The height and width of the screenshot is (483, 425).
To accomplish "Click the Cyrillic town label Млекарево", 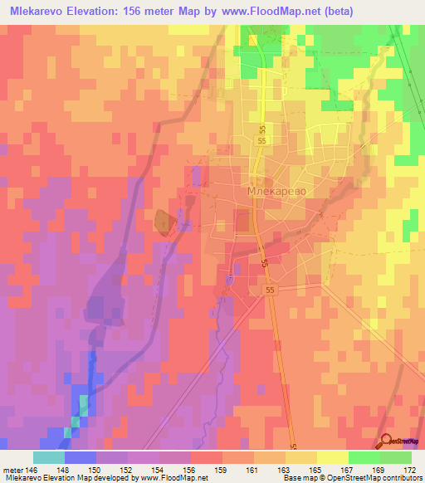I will [276, 191].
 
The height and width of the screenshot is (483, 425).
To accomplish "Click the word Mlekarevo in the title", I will [44, 12].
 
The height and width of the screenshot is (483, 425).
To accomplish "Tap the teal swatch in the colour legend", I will [48, 457].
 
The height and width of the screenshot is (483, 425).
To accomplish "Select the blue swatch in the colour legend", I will [80, 457].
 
